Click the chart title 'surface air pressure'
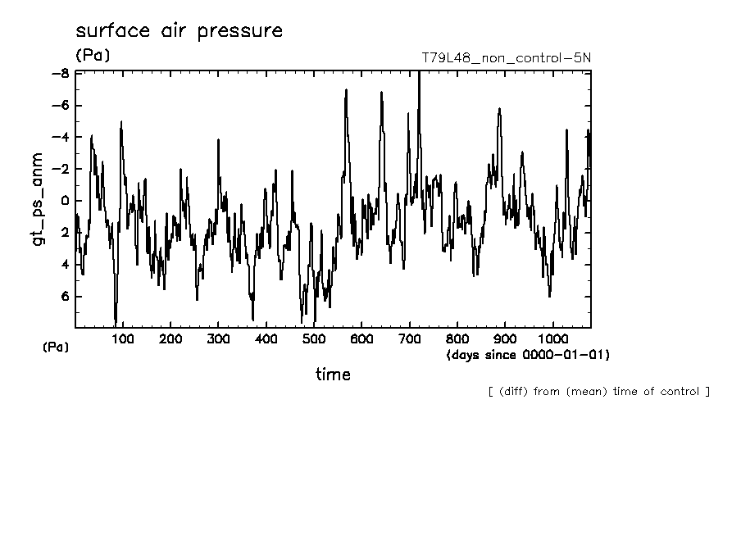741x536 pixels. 179,31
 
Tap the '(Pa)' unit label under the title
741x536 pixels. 93,56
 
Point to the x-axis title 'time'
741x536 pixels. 333,375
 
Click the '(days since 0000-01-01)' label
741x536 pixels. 528,355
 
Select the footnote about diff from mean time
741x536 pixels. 598,391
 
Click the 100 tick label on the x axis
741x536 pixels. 123,338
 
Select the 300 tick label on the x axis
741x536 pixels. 218,338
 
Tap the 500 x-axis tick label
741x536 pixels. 314,338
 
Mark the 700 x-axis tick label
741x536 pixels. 410,338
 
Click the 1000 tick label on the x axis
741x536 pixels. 552,338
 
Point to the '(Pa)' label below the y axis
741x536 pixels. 56,347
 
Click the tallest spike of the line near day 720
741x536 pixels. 420,74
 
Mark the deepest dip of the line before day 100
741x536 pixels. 116,322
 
